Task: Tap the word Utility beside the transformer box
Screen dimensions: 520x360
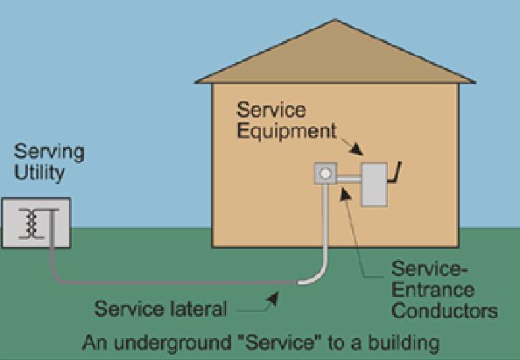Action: coord(39,173)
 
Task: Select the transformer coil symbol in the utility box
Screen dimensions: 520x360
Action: coord(32,223)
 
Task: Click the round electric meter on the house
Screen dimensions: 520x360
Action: coord(326,173)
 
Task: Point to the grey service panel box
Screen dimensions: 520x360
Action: coord(374,185)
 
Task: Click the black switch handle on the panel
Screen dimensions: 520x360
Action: coord(395,173)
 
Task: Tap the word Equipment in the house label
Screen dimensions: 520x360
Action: coord(287,131)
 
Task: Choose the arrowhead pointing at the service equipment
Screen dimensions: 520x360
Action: coord(356,149)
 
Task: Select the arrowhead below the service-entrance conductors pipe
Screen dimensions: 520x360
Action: coord(345,194)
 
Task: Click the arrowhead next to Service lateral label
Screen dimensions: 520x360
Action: coord(272,299)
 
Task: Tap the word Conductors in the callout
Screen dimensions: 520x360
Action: coord(445,311)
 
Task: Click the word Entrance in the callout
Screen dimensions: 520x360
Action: coord(432,290)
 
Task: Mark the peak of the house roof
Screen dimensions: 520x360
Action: coord(335,19)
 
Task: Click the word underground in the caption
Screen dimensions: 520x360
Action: coord(172,342)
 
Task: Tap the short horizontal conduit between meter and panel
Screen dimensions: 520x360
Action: coord(349,180)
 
